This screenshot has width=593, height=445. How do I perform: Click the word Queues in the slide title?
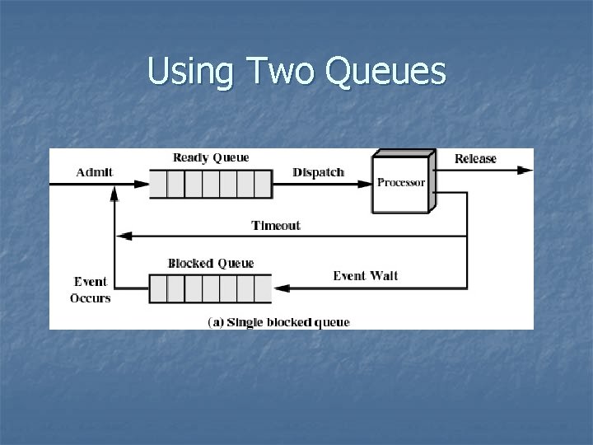click(386, 72)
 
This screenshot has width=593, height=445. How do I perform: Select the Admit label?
click(95, 172)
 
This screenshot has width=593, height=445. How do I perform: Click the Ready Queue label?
click(211, 157)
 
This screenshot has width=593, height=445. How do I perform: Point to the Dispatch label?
click(319, 172)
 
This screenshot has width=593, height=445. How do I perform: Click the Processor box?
click(401, 183)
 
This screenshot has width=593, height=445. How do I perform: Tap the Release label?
click(476, 158)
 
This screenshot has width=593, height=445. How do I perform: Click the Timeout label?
click(276, 225)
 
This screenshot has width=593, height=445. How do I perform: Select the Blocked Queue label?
click(211, 263)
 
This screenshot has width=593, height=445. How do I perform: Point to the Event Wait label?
click(365, 275)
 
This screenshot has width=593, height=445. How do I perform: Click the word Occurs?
click(91, 297)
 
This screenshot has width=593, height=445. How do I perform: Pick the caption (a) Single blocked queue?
click(278, 321)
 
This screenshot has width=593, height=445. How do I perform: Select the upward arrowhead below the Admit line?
click(114, 194)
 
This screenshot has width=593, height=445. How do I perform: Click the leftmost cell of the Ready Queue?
click(158, 184)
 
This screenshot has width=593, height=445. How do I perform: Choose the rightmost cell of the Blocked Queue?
click(262, 288)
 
